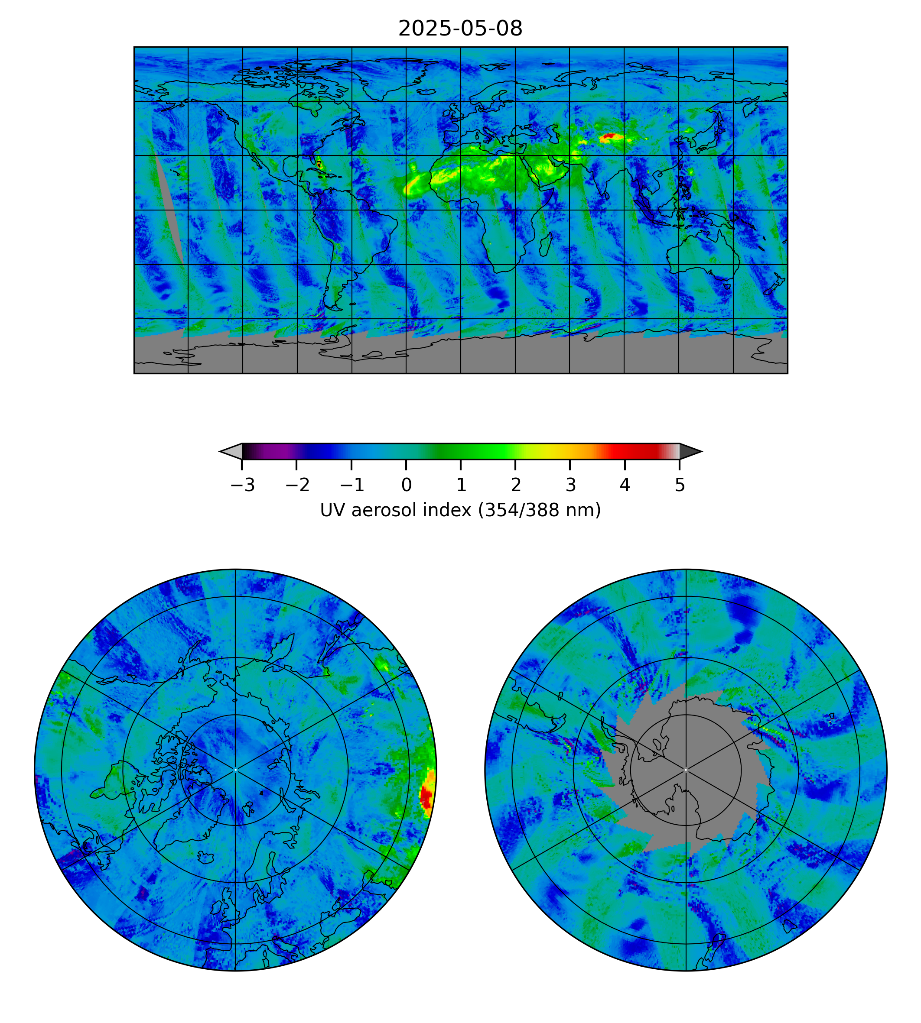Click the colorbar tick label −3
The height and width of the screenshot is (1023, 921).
click(x=242, y=486)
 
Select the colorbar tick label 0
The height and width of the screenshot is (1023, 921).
click(x=407, y=486)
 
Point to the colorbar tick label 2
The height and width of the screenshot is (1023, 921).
click(x=516, y=486)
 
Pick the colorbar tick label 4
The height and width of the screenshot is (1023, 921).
click(x=625, y=486)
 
